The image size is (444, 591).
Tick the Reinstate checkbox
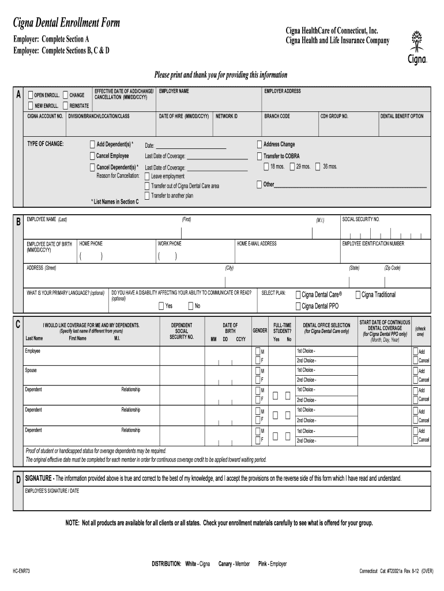click(x=65, y=106)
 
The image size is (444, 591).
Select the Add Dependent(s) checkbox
click(x=92, y=144)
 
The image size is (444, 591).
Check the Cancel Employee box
click(x=92, y=156)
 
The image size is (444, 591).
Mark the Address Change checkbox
click(x=259, y=144)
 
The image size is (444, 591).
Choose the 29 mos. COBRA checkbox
click(x=292, y=167)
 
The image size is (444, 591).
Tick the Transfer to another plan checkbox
click(x=147, y=196)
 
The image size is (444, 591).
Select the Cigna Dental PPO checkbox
click(x=298, y=306)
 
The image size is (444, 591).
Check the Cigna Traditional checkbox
click(x=358, y=295)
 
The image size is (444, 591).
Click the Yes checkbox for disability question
click(x=161, y=306)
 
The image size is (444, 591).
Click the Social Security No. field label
click(x=361, y=219)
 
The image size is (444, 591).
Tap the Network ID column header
click(x=227, y=116)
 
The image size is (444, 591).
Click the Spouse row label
click(x=31, y=371)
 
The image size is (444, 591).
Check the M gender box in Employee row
click(x=257, y=351)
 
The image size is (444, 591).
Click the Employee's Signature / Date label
click(x=51, y=490)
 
